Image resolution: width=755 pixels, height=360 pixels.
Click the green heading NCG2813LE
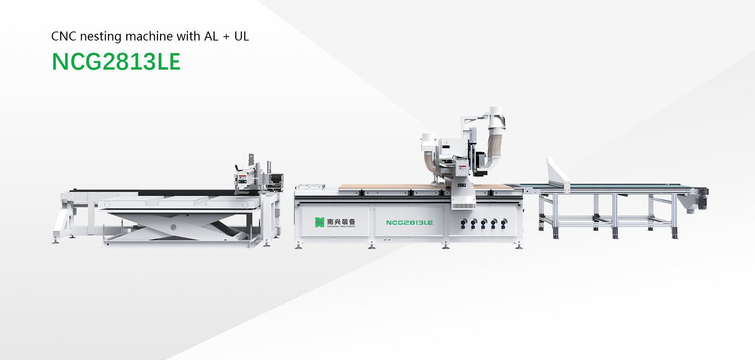coord(116,62)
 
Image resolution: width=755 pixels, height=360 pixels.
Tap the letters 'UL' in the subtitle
coord(241,37)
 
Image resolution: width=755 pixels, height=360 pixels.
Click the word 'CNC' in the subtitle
coord(64,37)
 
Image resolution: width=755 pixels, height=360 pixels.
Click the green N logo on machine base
coord(319,222)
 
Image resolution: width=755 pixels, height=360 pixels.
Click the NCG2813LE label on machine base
coord(409,223)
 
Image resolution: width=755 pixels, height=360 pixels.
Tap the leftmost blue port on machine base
coord(464,223)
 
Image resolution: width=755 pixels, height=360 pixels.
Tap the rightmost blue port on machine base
coord(504,223)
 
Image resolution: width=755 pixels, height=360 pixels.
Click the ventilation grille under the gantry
coord(463,206)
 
